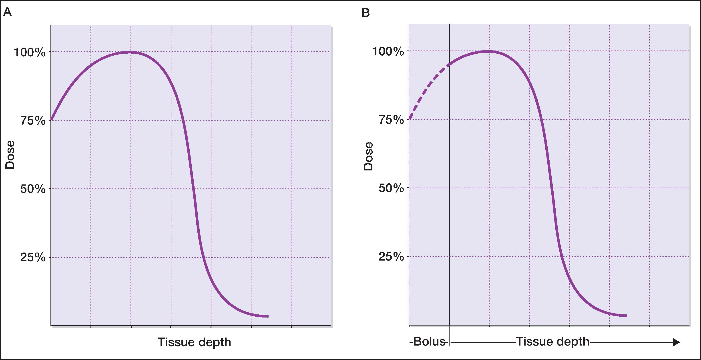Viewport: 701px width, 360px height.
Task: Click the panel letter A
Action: (7, 12)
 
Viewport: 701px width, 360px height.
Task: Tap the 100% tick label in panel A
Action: (30, 52)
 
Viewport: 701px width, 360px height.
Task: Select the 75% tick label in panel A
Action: (33, 121)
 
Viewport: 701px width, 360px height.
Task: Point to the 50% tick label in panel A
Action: (33, 189)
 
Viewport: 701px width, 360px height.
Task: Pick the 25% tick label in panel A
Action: (33, 257)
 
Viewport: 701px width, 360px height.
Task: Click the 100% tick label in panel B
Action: (388, 51)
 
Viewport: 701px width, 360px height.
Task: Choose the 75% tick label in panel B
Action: (391, 120)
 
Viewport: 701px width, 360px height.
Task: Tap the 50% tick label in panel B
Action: (391, 188)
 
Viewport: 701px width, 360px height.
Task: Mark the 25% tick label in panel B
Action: (391, 257)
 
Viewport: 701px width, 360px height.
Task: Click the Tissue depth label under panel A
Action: (194, 342)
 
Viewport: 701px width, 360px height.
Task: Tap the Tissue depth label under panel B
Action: (552, 342)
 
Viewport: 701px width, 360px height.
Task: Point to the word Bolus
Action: (429, 342)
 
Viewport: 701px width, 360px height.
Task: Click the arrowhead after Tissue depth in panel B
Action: (677, 342)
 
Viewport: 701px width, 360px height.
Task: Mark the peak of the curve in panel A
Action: (131, 52)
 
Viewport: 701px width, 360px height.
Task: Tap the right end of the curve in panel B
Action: (626, 315)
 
